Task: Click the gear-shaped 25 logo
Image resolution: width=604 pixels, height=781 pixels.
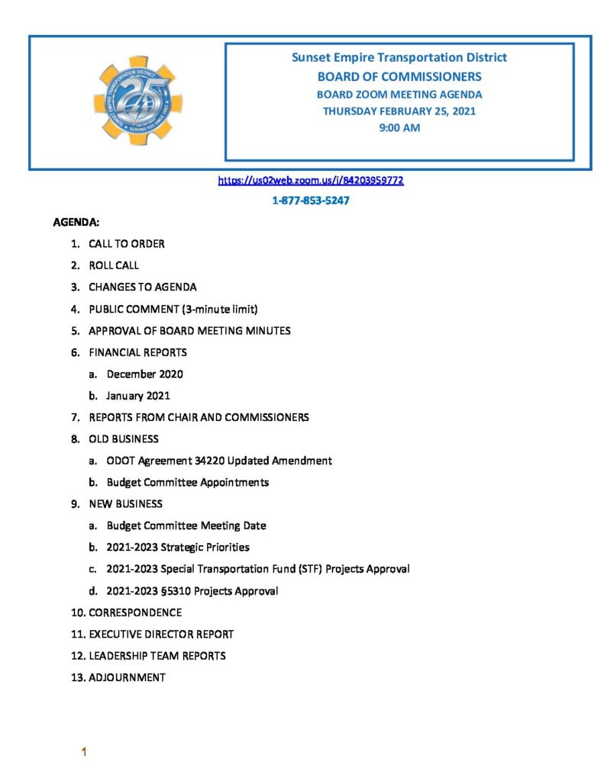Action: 137,100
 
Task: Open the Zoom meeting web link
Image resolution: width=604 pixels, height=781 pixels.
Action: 311,181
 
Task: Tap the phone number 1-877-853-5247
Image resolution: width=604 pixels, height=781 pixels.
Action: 311,201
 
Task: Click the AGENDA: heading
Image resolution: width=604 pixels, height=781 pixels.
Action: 76,223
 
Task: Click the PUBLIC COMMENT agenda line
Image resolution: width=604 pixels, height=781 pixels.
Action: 173,309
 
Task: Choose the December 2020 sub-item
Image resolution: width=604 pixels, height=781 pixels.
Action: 144,374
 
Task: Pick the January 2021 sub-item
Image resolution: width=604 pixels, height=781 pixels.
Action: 138,396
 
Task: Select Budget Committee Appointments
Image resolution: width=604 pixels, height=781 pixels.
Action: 187,482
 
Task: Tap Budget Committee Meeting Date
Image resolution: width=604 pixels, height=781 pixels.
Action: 186,525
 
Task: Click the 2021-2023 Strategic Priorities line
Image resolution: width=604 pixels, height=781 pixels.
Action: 178,547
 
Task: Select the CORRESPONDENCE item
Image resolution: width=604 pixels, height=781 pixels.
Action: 135,612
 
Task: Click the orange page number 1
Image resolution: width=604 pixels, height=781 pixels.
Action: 85,753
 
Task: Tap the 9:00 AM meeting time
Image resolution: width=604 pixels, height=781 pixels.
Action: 399,128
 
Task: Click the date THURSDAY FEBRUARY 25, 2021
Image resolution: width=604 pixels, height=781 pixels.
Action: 399,111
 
